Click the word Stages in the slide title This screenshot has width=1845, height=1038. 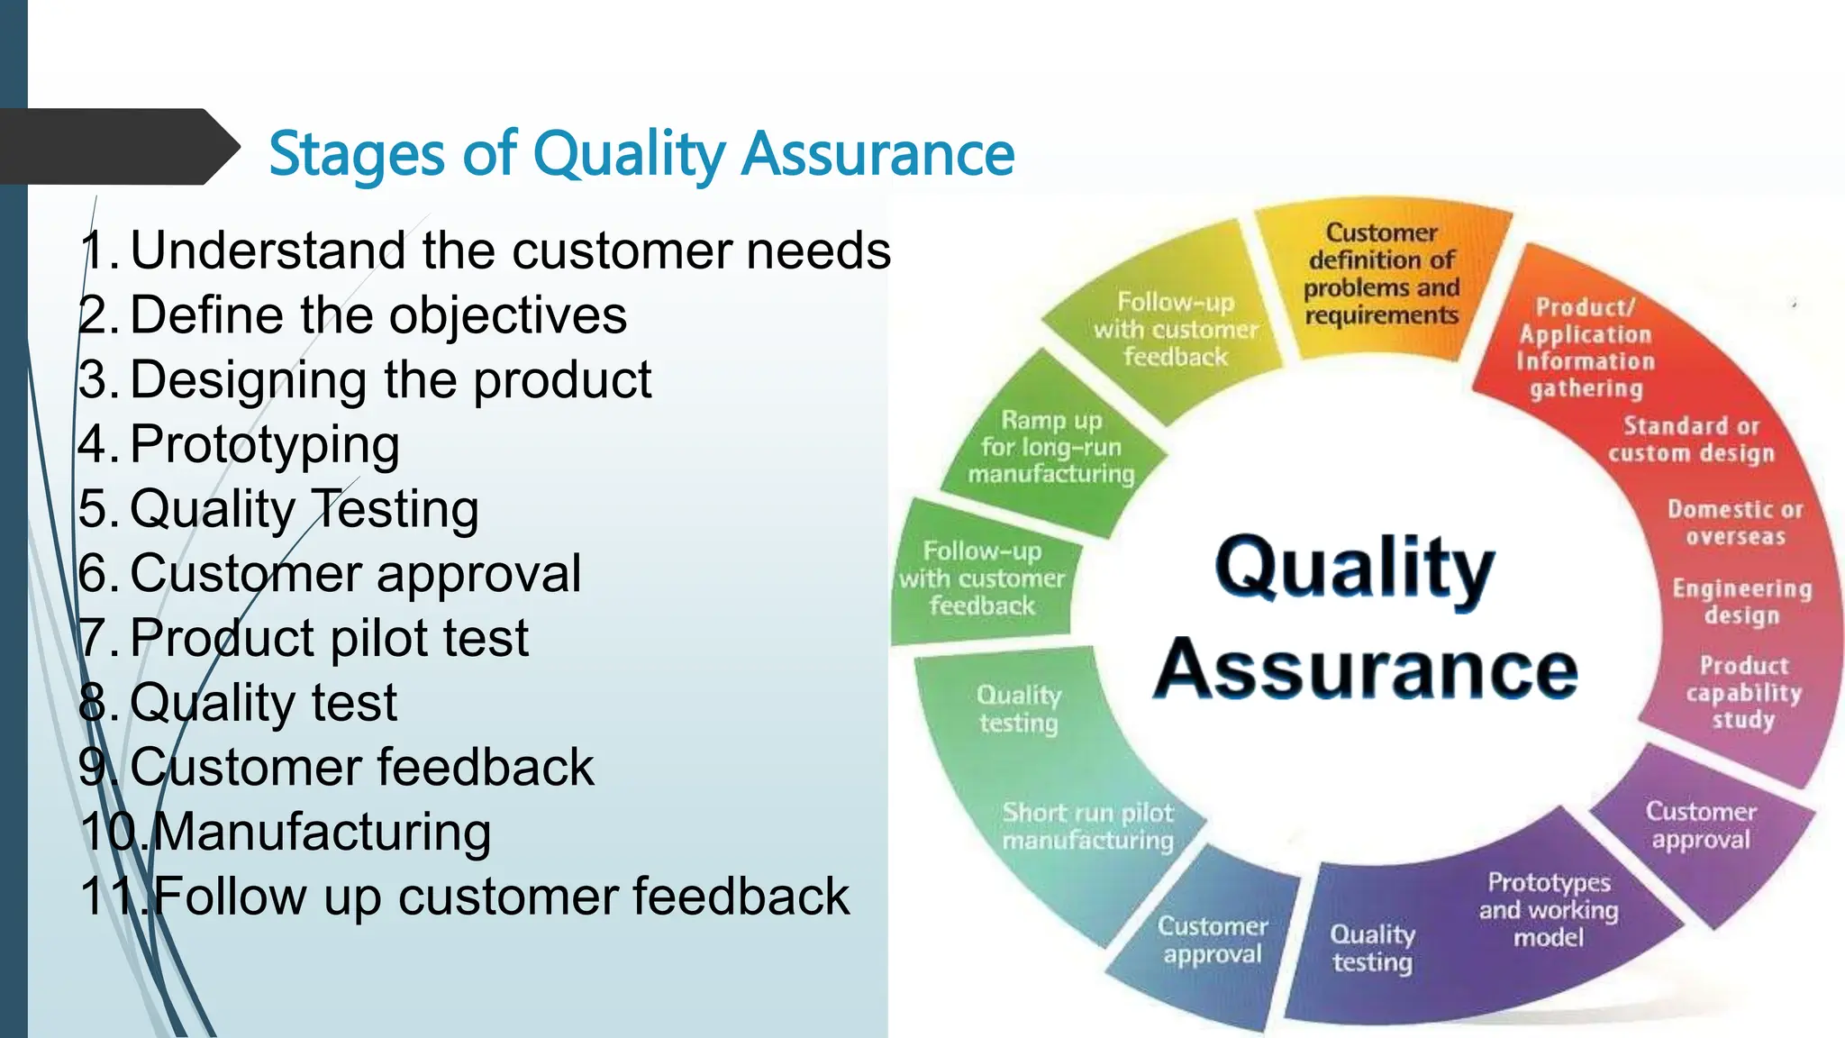click(x=357, y=154)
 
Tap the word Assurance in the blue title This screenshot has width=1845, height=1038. click(x=877, y=154)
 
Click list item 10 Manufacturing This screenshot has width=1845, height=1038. click(x=286, y=832)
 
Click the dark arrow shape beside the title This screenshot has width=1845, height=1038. click(x=117, y=147)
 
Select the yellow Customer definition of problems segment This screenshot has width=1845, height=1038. click(x=1381, y=274)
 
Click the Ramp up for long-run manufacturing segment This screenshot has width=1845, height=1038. click(x=1050, y=447)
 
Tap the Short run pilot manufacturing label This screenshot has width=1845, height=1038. click(x=1087, y=826)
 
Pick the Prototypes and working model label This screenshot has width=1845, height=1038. click(x=1548, y=909)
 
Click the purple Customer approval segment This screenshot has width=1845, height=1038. click(x=1700, y=825)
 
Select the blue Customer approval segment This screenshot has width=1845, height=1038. click(x=1212, y=940)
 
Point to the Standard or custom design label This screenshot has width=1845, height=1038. click(x=1691, y=439)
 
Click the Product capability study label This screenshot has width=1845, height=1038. click(x=1743, y=692)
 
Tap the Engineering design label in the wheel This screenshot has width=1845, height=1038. click(x=1741, y=602)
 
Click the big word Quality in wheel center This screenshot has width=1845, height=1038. click(x=1354, y=568)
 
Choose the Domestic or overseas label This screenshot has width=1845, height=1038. click(x=1735, y=523)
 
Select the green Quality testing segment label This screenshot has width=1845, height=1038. click(x=1018, y=708)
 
